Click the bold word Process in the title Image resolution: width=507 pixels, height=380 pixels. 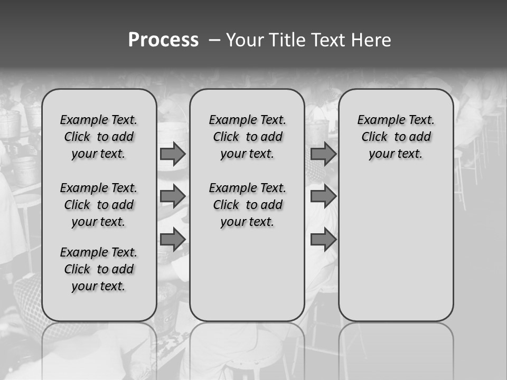(163, 40)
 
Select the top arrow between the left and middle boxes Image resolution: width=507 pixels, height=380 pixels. (173, 154)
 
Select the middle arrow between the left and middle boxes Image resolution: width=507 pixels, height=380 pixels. (173, 197)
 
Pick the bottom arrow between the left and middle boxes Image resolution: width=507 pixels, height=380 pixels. (173, 240)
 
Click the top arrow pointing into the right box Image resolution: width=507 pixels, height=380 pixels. (323, 154)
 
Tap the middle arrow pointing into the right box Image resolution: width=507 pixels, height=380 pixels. (323, 197)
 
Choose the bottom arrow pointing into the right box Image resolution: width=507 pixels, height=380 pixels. (323, 240)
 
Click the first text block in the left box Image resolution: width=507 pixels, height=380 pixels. (99, 137)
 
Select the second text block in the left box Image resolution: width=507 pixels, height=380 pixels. (99, 205)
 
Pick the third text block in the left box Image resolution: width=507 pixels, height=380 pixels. (99, 269)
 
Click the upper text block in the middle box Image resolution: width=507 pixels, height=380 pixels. (247, 137)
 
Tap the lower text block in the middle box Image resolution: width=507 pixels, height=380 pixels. (247, 205)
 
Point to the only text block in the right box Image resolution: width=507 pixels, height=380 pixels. (396, 137)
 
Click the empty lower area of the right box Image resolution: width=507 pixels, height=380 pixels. (396, 248)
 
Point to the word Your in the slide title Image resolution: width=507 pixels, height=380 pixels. (245, 40)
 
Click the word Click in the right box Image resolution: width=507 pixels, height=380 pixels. (374, 137)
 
